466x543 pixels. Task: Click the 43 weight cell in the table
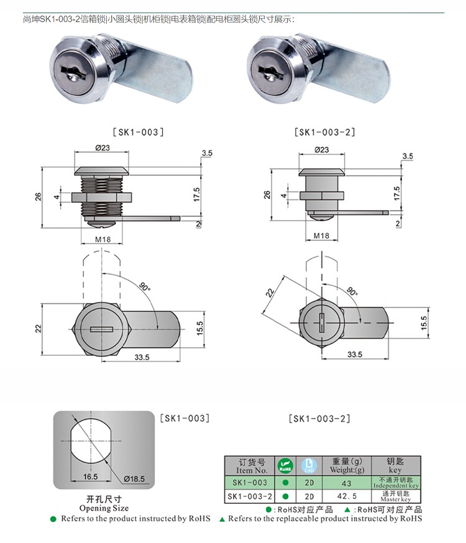[x=347, y=483]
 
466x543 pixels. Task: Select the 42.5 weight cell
[x=347, y=496]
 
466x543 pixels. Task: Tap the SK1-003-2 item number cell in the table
[x=250, y=496]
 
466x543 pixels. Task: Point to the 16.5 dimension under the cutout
[x=90, y=477]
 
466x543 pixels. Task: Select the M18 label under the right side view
[x=321, y=236]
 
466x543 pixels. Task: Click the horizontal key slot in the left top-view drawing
[x=99, y=329]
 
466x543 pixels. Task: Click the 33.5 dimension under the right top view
[x=354, y=354]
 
